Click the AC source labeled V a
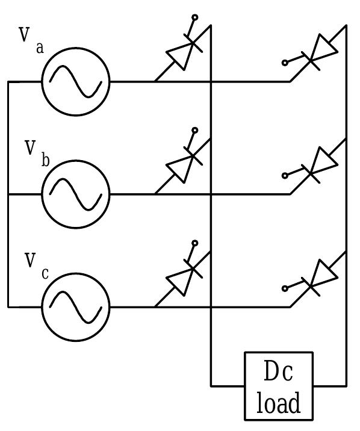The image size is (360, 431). pyautogui.click(x=75, y=81)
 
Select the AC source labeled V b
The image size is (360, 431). pyautogui.click(x=75, y=194)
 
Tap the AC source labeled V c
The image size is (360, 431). pyautogui.click(x=75, y=306)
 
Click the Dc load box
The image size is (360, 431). pyautogui.click(x=279, y=386)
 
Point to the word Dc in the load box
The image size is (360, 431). pyautogui.click(x=279, y=373)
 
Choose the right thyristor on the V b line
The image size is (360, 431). pyautogui.click(x=319, y=166)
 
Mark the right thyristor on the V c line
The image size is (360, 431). pyautogui.click(x=319, y=278)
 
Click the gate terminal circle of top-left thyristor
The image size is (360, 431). pyautogui.click(x=194, y=17)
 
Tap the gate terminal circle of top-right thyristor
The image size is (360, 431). pyautogui.click(x=285, y=63)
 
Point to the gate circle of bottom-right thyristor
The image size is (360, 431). pyautogui.click(x=285, y=288)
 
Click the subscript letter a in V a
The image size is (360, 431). pyautogui.click(x=40, y=48)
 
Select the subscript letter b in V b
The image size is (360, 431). pyautogui.click(x=45, y=160)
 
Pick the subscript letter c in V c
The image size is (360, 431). pyautogui.click(x=45, y=274)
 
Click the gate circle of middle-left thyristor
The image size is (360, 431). pyautogui.click(x=194, y=130)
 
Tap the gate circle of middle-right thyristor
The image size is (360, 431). pyautogui.click(x=285, y=176)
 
